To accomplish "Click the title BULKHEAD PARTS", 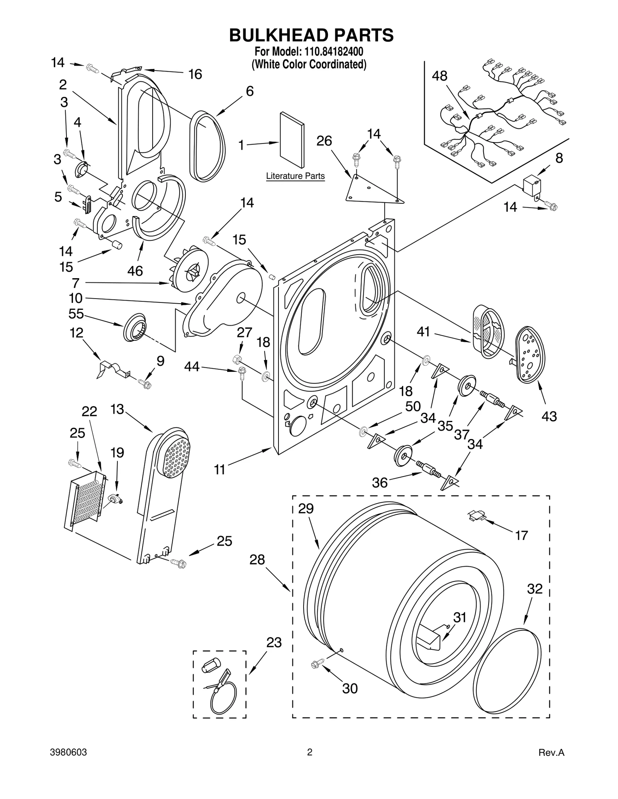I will pyautogui.click(x=311, y=35).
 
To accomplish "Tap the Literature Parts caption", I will pyautogui.click(x=295, y=176).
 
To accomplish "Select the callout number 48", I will pyautogui.click(x=440, y=76).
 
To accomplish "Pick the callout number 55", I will pyautogui.click(x=76, y=314).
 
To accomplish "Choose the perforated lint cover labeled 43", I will pyautogui.click(x=530, y=355).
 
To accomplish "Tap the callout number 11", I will pyautogui.click(x=219, y=470).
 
